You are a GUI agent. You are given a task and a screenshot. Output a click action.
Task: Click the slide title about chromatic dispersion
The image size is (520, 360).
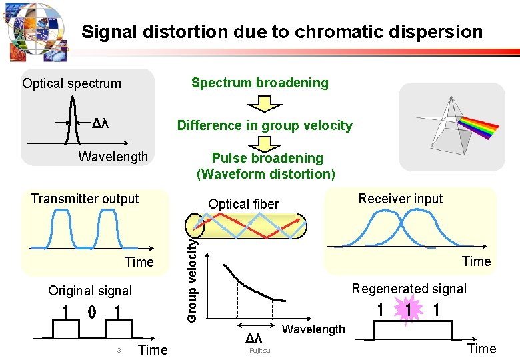pos(281,31)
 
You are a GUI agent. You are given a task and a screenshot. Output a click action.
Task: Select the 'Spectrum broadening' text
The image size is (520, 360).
pos(260,83)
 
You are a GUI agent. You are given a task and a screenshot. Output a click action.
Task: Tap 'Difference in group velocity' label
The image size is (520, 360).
pos(265,125)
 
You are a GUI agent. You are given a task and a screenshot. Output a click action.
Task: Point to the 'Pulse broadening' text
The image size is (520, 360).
pos(267,158)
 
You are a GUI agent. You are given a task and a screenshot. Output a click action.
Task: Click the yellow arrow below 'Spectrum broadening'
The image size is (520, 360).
pos(265,104)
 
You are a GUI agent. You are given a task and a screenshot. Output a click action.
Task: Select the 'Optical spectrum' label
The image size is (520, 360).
pos(71,83)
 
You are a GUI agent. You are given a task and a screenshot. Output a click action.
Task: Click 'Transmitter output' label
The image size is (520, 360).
pos(85,199)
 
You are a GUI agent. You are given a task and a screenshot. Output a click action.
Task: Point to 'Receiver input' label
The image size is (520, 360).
pos(400,198)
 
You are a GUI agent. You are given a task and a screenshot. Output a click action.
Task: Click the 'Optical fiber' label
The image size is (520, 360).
pos(243,204)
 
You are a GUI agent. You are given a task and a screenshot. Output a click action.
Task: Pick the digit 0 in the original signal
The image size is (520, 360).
pos(92,311)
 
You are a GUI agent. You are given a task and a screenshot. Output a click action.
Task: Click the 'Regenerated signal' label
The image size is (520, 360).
pos(409,289)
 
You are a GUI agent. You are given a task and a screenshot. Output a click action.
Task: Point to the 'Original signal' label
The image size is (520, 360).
pos(90,291)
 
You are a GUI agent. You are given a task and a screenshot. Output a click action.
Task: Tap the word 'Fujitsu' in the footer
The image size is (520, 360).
pos(259,351)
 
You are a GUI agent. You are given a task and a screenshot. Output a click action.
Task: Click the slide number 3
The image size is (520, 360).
pos(118,350)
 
